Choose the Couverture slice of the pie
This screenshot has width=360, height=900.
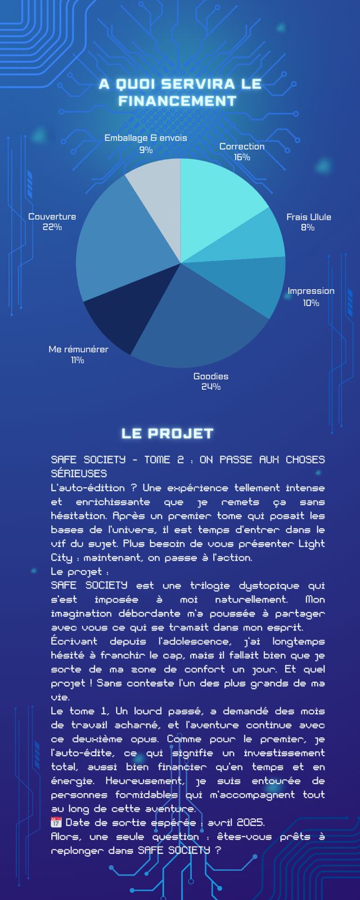coord(112,242)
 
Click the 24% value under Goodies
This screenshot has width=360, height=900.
coord(211,387)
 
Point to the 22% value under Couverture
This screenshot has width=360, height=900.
coord(52,227)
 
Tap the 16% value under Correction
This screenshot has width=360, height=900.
coord(242,157)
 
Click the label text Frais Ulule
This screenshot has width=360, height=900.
coord(308,217)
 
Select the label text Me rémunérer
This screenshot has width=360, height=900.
coord(78,349)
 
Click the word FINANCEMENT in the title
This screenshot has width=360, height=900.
coord(177,101)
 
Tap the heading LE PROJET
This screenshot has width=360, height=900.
coord(168,434)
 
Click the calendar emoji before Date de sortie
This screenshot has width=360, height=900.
coord(56,822)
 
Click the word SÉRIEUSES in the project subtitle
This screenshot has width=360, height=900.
coord(79,474)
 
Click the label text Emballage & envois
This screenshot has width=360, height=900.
coord(146,138)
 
